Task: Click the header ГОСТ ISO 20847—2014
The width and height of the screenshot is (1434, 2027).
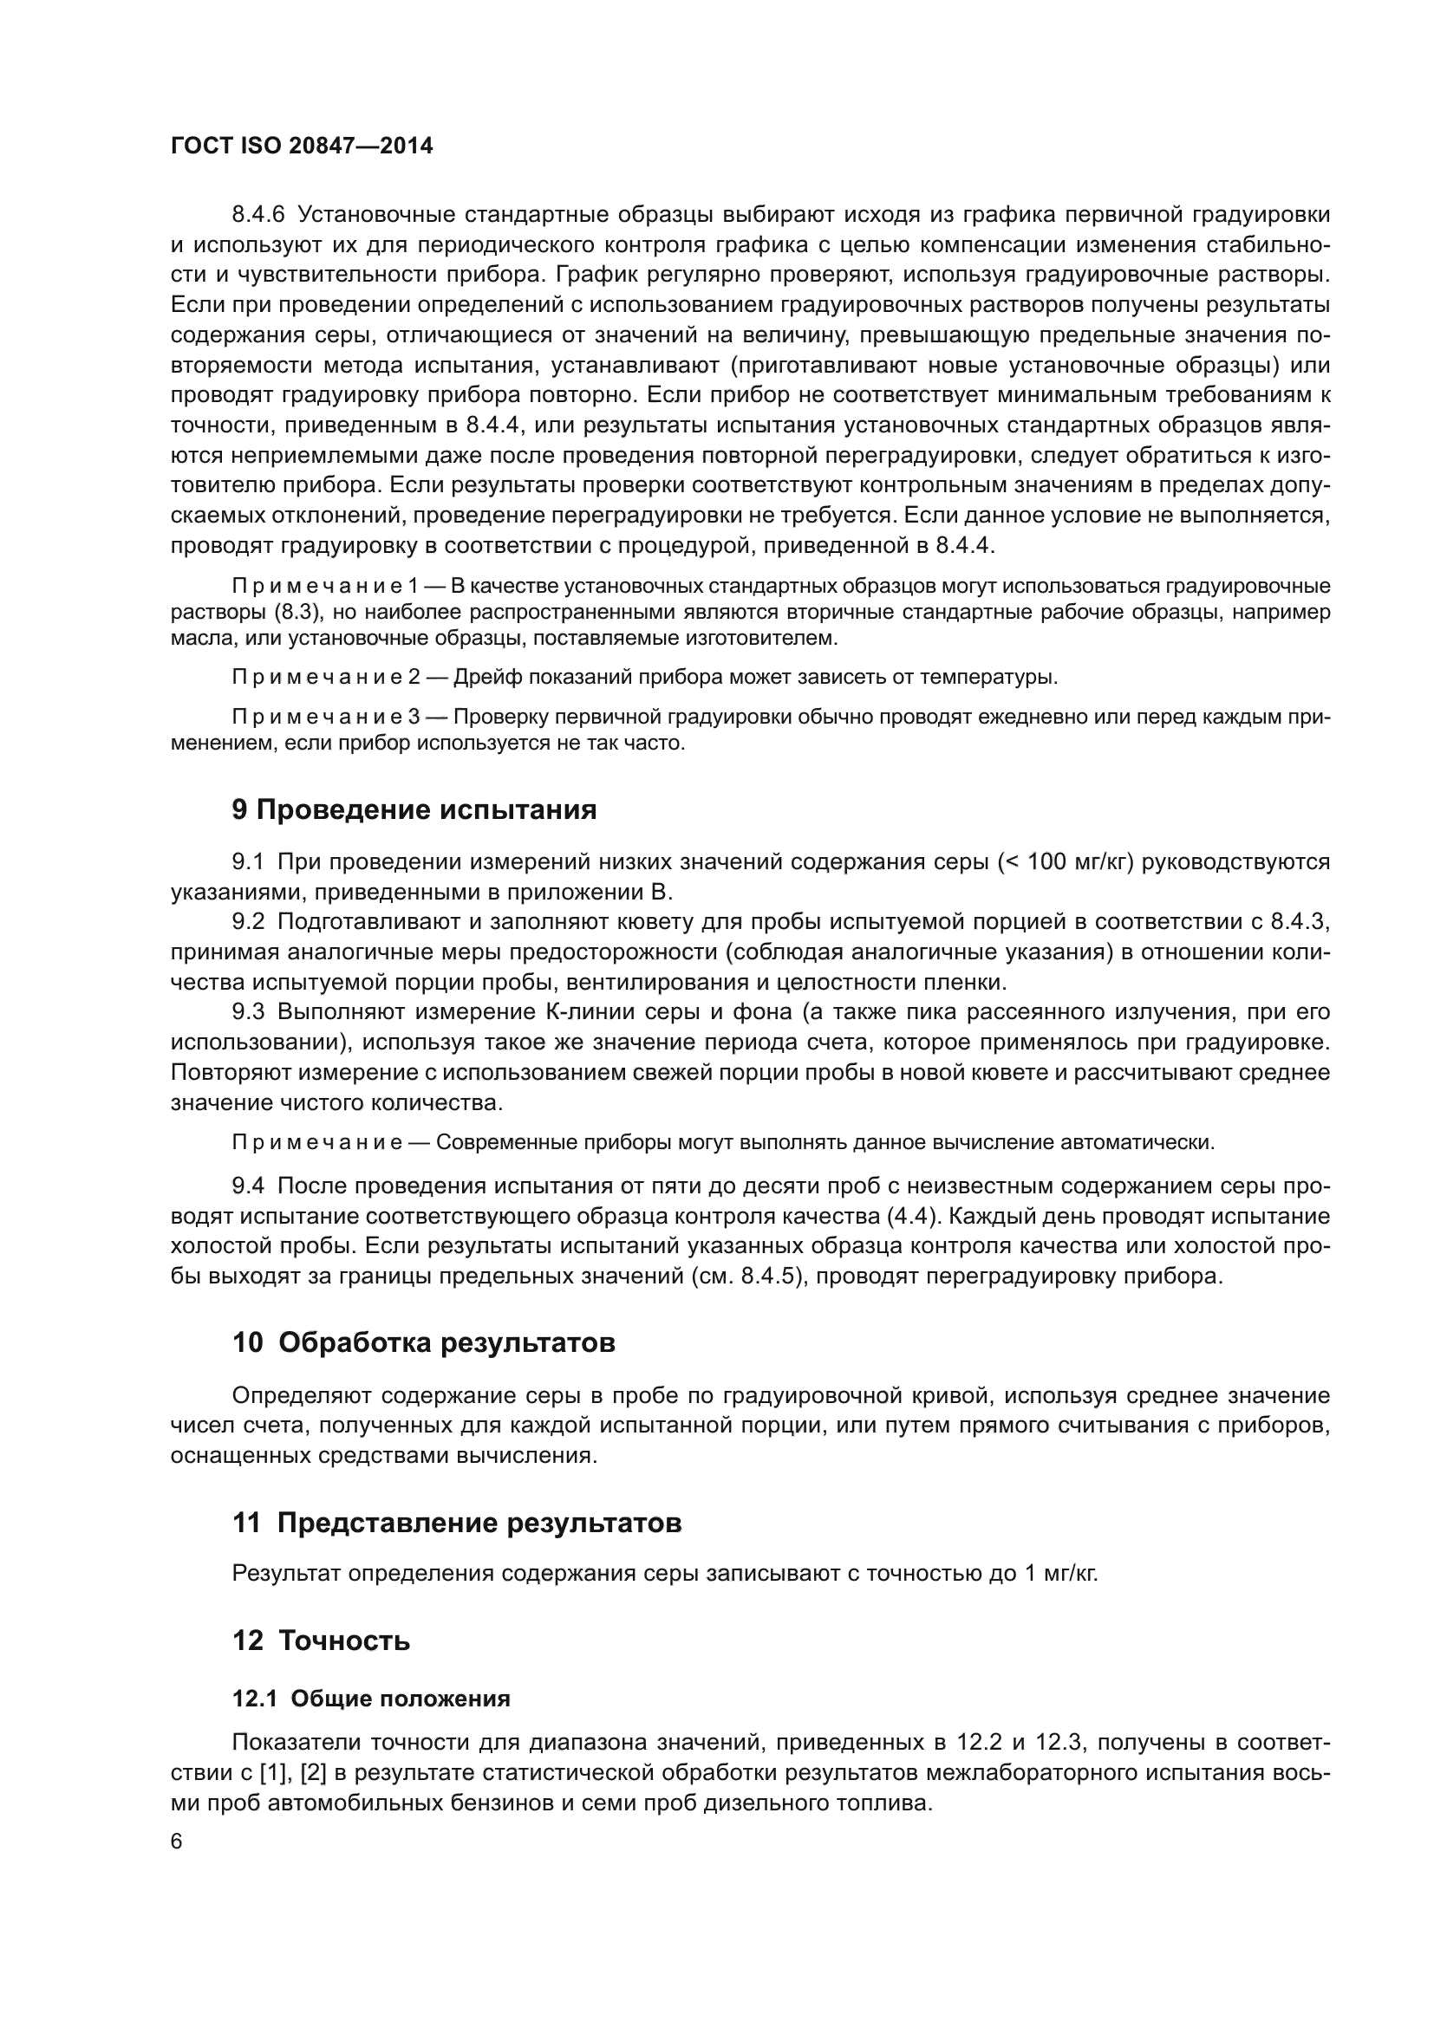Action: (x=301, y=146)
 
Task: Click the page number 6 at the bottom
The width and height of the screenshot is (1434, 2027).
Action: (x=177, y=1842)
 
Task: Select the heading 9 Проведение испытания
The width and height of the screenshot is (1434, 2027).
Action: (x=414, y=809)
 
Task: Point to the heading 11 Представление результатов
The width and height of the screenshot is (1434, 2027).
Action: (x=457, y=1523)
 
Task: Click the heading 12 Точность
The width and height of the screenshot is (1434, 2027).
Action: (x=322, y=1640)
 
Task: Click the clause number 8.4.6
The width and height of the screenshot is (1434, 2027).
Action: (x=258, y=215)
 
